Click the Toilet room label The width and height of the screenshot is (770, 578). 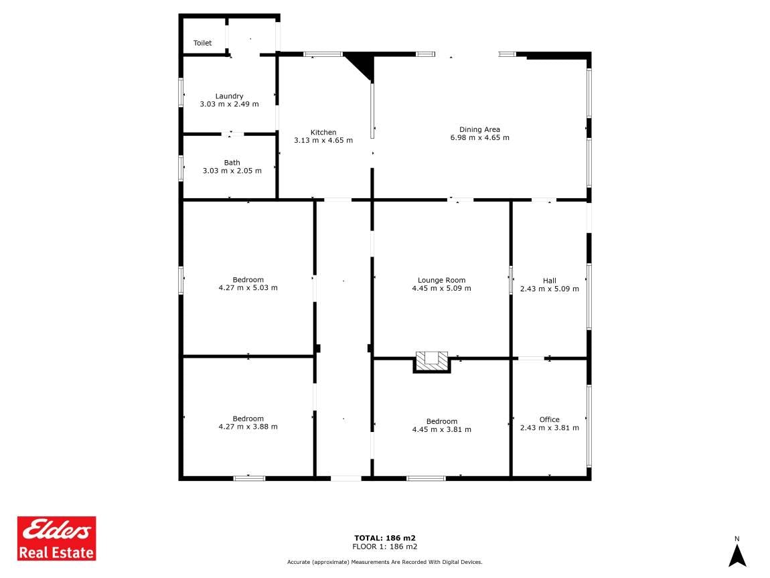[202, 44]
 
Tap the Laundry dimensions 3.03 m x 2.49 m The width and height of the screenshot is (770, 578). [230, 104]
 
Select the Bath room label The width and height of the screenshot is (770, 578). [232, 163]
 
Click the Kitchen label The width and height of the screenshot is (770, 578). [323, 132]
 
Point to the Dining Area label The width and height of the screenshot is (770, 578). [480, 130]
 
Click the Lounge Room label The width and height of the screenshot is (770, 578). [441, 281]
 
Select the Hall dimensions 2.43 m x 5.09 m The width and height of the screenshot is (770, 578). [550, 289]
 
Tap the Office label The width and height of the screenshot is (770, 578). [550, 419]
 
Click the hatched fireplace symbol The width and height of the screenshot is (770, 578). [432, 362]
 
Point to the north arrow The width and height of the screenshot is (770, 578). [737, 555]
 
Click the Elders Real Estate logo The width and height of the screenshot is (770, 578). [56, 538]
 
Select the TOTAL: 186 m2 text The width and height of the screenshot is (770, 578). [385, 538]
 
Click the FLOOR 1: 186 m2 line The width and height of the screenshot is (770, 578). [385, 547]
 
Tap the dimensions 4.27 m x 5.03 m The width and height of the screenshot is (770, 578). [248, 288]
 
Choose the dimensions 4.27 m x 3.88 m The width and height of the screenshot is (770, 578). [248, 427]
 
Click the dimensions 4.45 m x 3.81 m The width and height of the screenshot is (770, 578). [441, 430]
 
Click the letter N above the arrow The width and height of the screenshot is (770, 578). [737, 538]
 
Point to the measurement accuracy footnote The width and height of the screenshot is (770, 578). [385, 563]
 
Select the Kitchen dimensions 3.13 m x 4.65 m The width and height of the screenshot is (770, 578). [323, 141]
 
